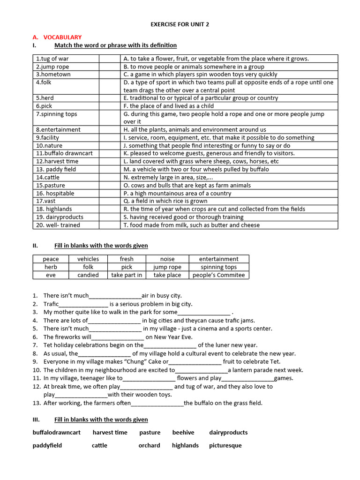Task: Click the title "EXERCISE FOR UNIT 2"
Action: pos(180,24)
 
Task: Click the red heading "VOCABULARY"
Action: pos(62,37)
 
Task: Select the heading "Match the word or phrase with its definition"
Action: pos(115,45)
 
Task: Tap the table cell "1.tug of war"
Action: pos(52,59)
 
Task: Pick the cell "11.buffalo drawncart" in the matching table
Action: pos(64,153)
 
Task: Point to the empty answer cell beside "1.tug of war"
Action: pos(110,59)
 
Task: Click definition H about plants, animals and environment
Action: pos(195,129)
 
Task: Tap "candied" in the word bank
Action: pos(88,275)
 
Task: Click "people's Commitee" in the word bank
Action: pos(218,275)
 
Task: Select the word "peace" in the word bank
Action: pos(51,259)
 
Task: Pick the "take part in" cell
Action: pos(127,275)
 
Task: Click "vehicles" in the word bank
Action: pos(88,259)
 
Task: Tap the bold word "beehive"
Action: pos(183,433)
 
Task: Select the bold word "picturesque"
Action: pos(225,445)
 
